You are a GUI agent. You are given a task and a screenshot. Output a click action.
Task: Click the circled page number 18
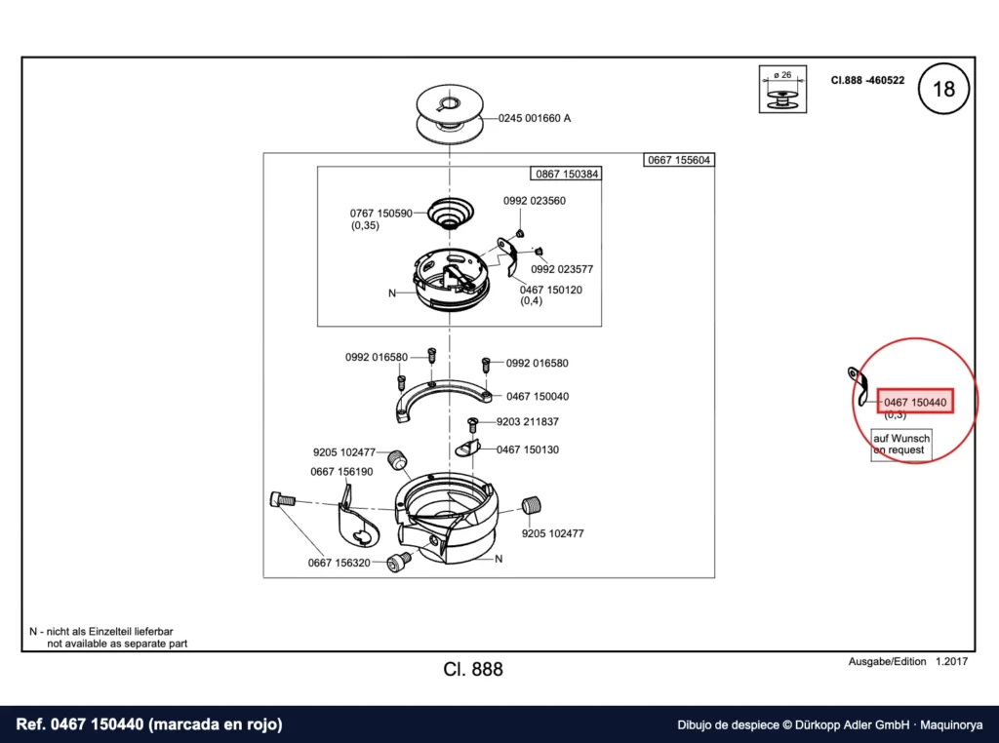coord(943,89)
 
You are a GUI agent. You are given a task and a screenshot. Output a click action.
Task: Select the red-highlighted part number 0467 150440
coord(915,402)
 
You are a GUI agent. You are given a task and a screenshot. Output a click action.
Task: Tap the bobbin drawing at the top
coord(450,114)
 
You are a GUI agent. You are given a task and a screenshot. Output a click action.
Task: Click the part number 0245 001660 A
coord(534,118)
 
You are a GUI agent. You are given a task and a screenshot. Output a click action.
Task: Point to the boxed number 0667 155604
coord(679,160)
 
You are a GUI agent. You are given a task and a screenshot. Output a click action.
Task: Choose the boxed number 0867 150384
coord(567,174)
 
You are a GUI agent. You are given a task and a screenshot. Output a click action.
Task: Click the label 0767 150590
coord(381,214)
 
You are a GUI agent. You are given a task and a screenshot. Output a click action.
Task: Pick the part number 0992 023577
coord(562,269)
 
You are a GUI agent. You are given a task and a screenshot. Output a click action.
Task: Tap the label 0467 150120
coord(550,290)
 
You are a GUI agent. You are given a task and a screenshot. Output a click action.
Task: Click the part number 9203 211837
coord(528,421)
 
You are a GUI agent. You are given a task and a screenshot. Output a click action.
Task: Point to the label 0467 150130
coord(528,450)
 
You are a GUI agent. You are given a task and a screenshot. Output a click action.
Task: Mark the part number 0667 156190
coord(341,472)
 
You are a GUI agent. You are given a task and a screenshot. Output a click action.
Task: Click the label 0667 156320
coord(339,563)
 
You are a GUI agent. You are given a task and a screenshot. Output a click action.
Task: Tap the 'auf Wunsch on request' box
coord(900,445)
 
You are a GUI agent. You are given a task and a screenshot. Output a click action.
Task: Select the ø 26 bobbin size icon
coord(782,89)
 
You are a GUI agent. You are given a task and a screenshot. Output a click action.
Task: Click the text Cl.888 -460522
coord(867,80)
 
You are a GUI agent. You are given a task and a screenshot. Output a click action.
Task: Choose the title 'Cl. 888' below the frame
coord(473,669)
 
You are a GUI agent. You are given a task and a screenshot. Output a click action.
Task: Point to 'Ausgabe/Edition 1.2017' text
coord(908,661)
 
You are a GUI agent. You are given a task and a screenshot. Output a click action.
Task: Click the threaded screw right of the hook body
coord(531,505)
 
